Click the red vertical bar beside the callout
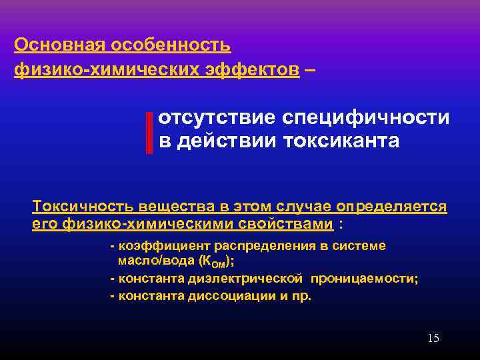(149, 132)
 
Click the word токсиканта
(342, 142)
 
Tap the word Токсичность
(79, 206)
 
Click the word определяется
(392, 206)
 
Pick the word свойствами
(291, 223)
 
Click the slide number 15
(433, 339)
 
